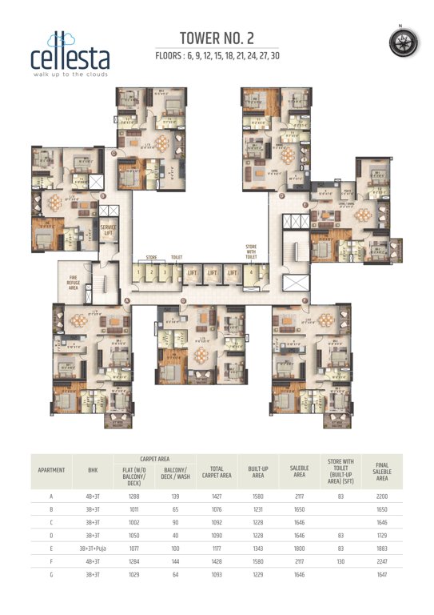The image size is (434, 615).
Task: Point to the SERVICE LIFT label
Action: (109, 231)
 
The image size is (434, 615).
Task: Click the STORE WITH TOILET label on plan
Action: (253, 252)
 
